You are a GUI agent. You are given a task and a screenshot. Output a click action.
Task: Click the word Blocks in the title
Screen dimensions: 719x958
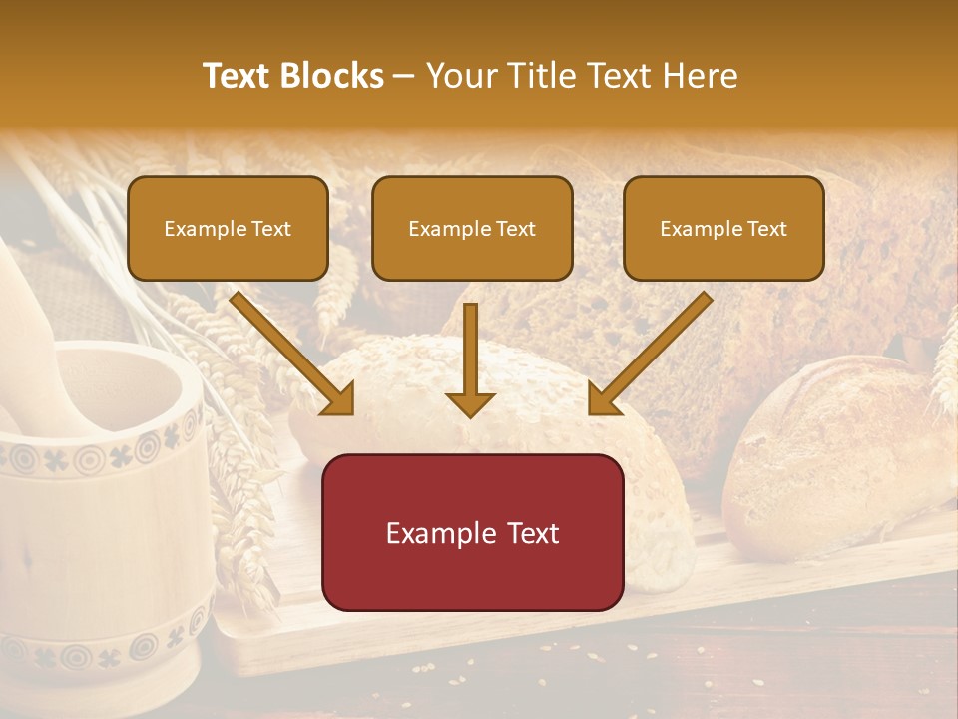[x=331, y=76]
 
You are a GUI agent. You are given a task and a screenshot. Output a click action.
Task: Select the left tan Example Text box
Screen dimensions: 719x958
[x=228, y=228]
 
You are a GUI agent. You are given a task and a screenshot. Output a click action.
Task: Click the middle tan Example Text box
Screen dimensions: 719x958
[x=472, y=228]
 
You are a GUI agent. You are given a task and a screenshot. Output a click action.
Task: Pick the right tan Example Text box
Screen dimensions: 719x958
[x=723, y=228]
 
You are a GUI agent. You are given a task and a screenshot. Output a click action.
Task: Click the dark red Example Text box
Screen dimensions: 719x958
[x=472, y=532]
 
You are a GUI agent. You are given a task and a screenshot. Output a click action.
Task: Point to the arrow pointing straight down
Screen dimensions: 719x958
[x=470, y=359]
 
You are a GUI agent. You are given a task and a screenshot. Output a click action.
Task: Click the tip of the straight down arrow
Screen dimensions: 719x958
[x=470, y=413]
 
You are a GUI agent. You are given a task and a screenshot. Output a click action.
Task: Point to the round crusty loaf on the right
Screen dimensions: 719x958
[x=838, y=449]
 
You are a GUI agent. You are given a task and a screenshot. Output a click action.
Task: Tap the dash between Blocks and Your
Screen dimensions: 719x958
[x=404, y=76]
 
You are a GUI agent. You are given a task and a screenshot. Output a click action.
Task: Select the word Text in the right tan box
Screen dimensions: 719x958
[x=766, y=228]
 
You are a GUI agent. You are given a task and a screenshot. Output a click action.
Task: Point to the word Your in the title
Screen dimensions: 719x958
[x=459, y=76]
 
